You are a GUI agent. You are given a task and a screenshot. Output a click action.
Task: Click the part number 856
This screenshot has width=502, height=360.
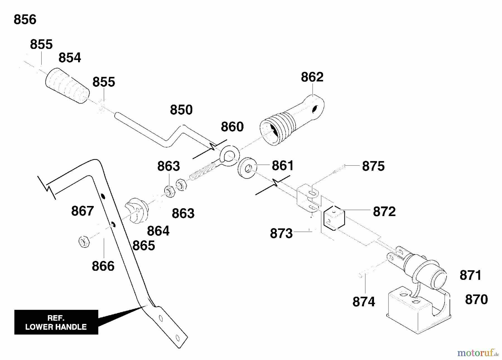point(25,20)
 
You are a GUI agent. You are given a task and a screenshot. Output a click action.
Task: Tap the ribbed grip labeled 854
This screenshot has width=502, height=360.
point(67,86)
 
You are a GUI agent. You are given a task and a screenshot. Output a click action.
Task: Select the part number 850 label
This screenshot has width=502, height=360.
point(181,110)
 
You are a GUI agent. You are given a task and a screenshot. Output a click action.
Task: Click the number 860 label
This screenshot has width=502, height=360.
point(232,127)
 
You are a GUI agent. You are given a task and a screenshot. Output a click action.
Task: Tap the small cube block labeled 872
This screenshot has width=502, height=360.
point(334,218)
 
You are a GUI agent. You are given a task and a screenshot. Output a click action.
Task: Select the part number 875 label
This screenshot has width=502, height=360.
point(373,166)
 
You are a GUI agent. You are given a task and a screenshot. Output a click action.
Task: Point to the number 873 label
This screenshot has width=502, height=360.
point(281,233)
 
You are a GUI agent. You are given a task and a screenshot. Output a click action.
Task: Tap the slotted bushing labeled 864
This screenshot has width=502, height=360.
point(137,211)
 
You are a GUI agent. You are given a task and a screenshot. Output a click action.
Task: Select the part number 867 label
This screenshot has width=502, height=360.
point(83,211)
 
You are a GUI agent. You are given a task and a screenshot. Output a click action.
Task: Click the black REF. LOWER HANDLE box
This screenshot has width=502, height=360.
point(56,322)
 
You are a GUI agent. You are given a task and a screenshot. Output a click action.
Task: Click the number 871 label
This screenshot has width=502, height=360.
point(470,275)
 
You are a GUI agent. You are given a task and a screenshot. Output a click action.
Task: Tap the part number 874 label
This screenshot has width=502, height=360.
point(364,302)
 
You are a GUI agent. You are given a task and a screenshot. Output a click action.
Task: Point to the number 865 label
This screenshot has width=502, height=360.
point(144,246)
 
